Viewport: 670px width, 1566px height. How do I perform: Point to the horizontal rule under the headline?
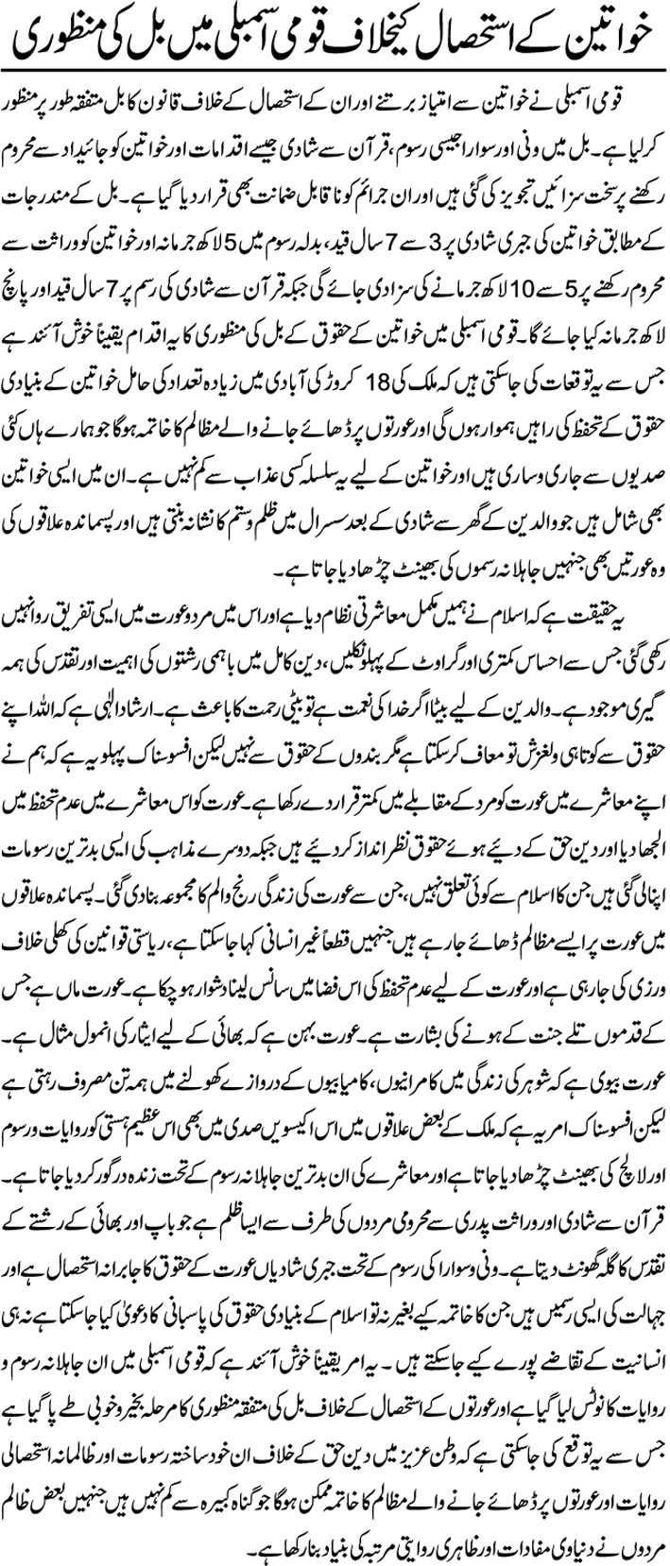tap(335, 75)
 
